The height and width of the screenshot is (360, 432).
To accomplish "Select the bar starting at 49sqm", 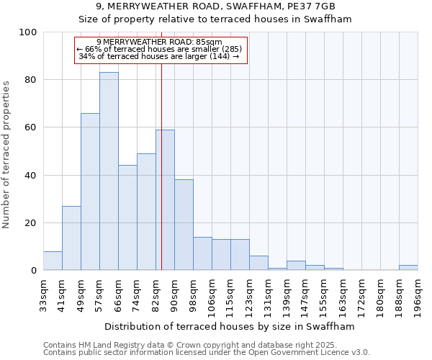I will (90, 192).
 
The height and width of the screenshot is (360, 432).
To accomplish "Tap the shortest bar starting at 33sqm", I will (53, 261).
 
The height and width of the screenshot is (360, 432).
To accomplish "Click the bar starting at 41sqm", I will (71, 238).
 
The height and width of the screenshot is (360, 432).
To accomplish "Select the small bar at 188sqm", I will (408, 268).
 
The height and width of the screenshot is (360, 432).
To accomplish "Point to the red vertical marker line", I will (161, 166).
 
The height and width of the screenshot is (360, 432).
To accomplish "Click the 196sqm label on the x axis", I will (418, 294).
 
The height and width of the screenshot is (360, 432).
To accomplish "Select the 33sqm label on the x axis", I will (44, 294).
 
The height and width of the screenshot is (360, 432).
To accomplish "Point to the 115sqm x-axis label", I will (231, 296).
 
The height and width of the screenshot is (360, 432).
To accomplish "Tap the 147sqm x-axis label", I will (306, 296).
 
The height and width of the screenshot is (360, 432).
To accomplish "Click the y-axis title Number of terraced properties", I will (6, 155).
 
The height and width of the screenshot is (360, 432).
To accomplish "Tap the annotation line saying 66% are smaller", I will (159, 49).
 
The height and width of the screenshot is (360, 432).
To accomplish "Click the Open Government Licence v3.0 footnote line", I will (207, 353).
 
